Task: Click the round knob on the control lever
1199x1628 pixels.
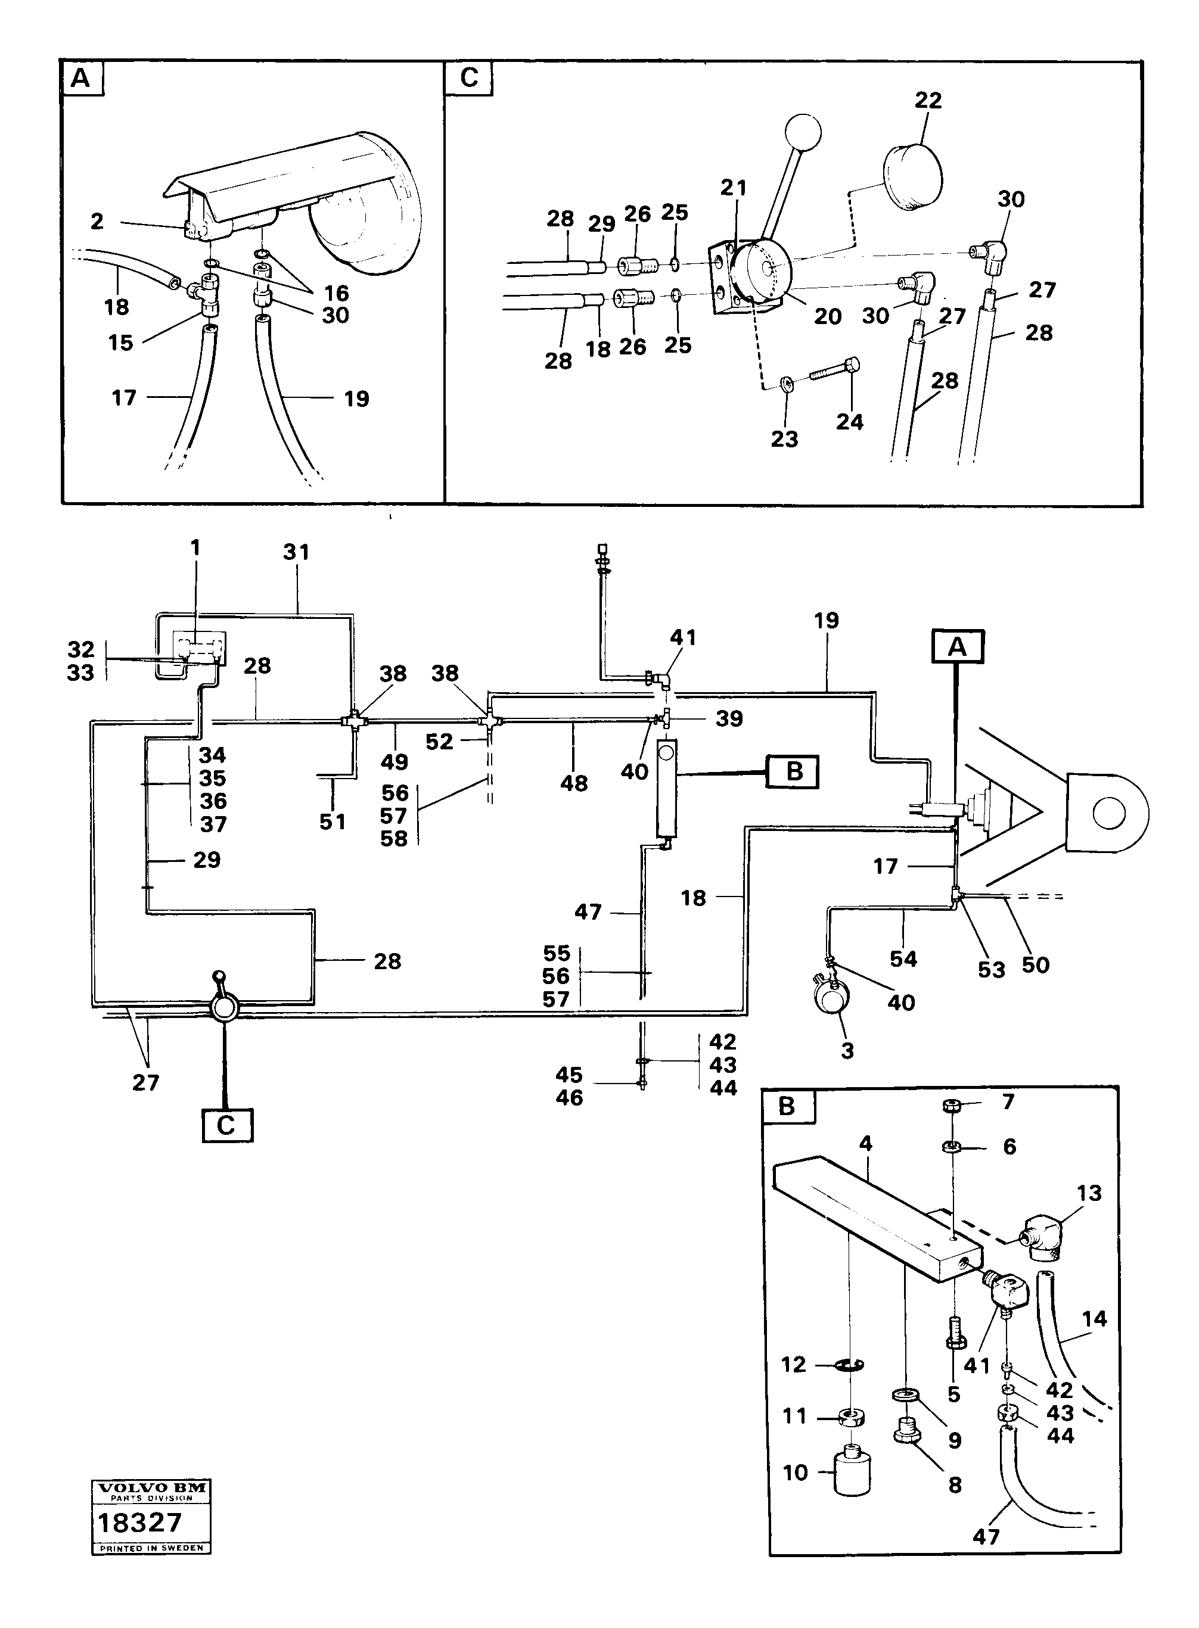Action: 803,132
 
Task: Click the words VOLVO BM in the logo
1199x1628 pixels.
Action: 151,1487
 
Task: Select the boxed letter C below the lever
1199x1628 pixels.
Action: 226,1125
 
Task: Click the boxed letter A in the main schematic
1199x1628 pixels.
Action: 957,646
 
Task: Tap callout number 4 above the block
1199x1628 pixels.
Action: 865,1144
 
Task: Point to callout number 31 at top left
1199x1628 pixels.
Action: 296,552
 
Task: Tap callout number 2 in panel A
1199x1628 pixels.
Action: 97,221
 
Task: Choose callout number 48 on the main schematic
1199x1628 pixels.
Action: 573,783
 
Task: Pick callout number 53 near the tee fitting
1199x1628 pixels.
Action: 992,970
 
